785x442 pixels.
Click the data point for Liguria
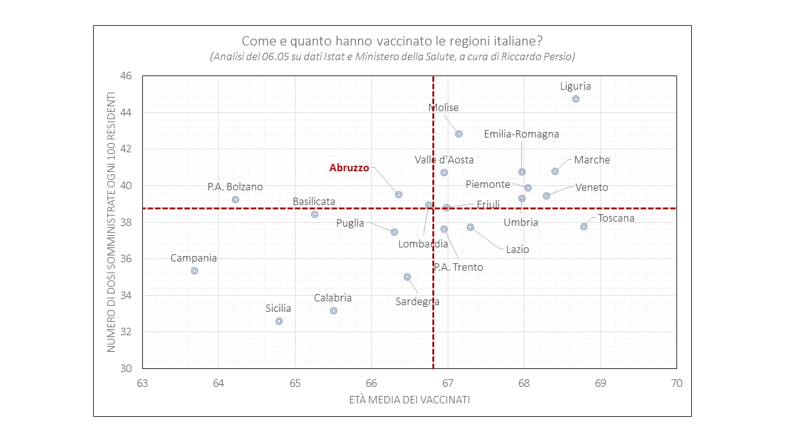click(575, 99)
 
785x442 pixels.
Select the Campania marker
click(194, 271)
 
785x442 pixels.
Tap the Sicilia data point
click(279, 321)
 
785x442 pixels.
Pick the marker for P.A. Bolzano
click(235, 200)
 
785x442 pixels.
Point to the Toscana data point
click(584, 227)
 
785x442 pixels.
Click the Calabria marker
click(334, 311)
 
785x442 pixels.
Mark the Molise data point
click(459, 134)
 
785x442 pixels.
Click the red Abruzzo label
click(349, 168)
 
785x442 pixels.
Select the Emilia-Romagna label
click(521, 134)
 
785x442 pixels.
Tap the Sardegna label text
click(417, 301)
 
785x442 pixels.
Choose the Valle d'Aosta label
click(444, 160)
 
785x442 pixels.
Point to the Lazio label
click(517, 249)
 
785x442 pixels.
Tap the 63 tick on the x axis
click(142, 383)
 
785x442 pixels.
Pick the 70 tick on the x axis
click(676, 383)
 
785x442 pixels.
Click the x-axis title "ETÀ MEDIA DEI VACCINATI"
click(409, 400)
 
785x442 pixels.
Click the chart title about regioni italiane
click(392, 41)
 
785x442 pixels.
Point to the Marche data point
click(555, 171)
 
